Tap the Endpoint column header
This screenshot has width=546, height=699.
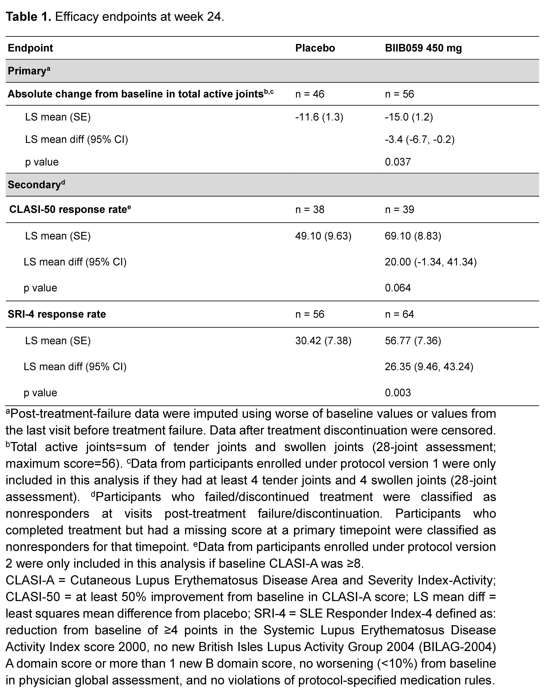point(30,48)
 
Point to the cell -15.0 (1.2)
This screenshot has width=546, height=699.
point(409,117)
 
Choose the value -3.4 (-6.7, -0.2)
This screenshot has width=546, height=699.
point(420,139)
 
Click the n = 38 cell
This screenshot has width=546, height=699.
point(310,209)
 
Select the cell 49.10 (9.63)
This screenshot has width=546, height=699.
point(323,236)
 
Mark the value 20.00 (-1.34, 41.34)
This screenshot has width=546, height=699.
point(431,262)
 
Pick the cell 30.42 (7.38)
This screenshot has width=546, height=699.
point(323,341)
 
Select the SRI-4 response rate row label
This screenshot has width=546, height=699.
point(57,314)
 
